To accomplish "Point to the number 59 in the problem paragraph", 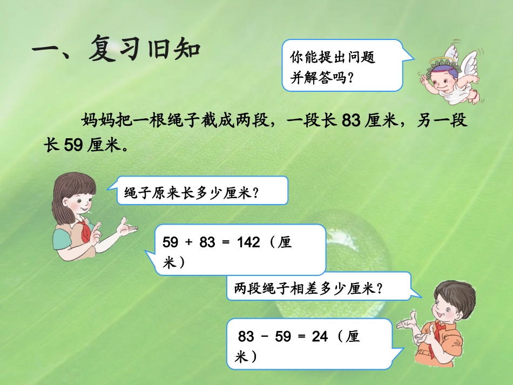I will pos(73,145).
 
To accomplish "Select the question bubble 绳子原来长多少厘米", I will pos(201,191).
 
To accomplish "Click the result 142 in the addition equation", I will pos(248,243).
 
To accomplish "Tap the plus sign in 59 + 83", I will pos(188,243).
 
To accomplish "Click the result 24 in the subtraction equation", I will pos(320,337).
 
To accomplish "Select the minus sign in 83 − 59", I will pos(265,337).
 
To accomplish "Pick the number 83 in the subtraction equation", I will pos(246,337).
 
